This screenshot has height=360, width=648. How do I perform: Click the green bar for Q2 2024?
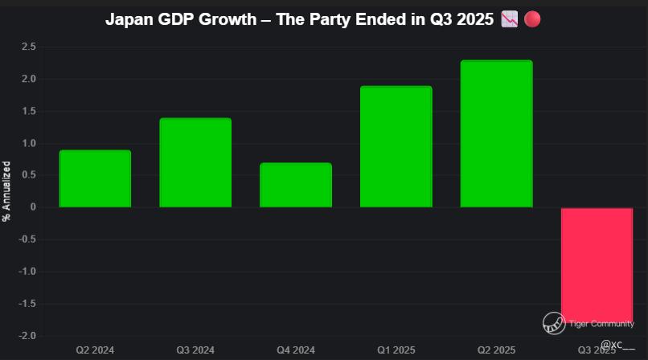95,178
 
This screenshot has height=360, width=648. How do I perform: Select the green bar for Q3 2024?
195,162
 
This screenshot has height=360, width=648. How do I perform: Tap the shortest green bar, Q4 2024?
296,185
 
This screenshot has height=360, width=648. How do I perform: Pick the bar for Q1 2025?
396,146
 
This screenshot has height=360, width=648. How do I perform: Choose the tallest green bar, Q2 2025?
496,133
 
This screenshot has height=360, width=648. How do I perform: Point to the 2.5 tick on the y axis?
29,47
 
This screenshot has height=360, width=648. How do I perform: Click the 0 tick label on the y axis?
32,207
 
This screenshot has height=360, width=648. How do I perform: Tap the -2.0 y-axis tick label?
27,336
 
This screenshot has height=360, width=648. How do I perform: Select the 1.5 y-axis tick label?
29,112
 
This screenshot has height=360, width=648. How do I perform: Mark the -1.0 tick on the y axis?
27,272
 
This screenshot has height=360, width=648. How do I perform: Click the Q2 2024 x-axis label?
95,350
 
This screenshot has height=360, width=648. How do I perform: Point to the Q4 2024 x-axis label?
296,350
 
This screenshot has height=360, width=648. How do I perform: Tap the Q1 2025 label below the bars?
396,350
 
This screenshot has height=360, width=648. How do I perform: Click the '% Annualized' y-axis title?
6,191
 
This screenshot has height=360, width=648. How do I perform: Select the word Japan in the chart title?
128,19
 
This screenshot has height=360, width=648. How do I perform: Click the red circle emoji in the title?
532,19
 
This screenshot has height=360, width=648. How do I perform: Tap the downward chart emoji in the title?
509,19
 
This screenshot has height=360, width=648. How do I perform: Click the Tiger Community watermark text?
602,324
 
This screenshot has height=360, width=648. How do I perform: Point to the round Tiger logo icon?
554,323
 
